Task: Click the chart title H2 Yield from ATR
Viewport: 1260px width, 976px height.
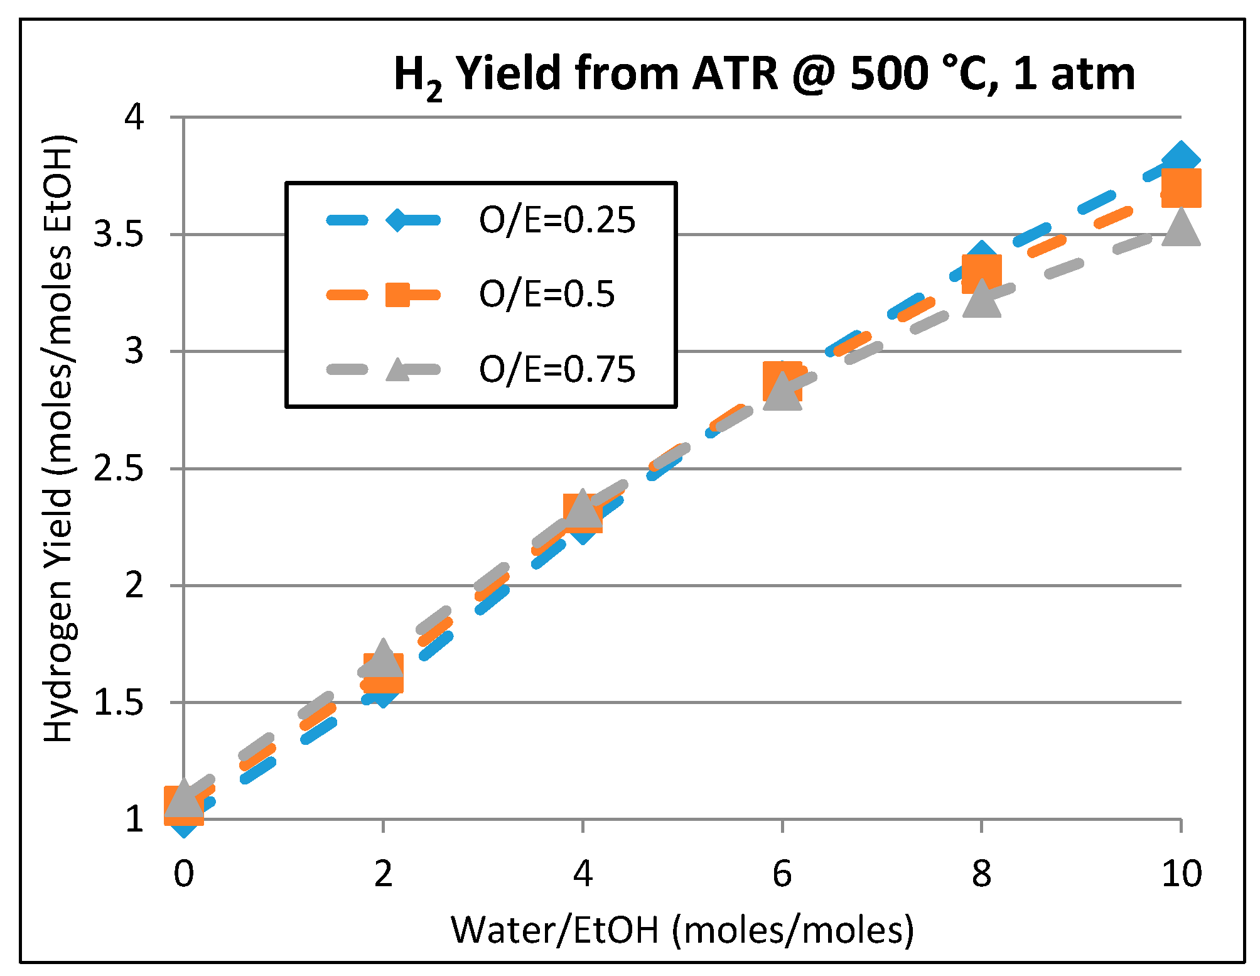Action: [x=764, y=74]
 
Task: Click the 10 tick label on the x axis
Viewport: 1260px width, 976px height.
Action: [x=1181, y=873]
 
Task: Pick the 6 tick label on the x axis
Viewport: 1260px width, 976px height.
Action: [x=782, y=873]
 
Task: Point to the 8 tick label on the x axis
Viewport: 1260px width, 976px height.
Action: [x=981, y=873]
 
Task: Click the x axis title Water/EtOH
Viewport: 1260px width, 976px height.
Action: [x=682, y=930]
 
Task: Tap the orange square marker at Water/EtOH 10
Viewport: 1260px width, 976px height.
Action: [x=1181, y=188]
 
